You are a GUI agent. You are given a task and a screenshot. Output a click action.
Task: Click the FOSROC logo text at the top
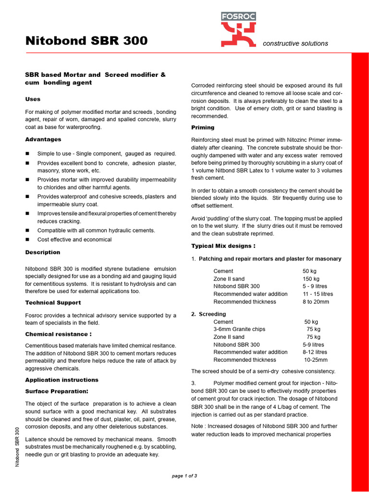coord(238,16)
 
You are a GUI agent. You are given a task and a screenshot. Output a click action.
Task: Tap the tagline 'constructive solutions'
coord(295,43)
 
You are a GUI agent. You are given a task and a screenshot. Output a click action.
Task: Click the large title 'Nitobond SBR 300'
coord(86,41)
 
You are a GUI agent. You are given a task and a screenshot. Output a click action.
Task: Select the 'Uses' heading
coord(33,99)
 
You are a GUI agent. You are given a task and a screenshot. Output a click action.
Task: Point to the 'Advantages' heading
coord(43,139)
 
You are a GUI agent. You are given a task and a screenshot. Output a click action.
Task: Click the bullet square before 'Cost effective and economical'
coord(27,240)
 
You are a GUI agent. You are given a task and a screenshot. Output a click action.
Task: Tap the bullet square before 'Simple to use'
coord(27,154)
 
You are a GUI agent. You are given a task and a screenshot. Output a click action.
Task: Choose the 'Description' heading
coord(43,252)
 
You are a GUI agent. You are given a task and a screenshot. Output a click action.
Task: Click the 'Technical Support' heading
coord(53,303)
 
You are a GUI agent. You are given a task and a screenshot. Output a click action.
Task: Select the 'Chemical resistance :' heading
coord(58,334)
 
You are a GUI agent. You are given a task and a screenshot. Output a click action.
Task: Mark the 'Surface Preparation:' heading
coord(57,391)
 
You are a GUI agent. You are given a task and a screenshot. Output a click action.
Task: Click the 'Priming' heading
coord(203,127)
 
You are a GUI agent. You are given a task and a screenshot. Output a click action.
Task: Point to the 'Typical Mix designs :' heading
coord(223,246)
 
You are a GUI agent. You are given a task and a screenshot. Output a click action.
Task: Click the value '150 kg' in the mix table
coord(311,279)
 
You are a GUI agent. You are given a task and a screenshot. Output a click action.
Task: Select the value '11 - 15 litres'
coord(318,294)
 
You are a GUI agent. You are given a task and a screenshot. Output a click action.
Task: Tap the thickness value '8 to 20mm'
coord(316,302)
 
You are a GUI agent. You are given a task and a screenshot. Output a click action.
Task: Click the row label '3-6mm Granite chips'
coord(239,329)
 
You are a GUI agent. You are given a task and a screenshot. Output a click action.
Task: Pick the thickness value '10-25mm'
coord(316,360)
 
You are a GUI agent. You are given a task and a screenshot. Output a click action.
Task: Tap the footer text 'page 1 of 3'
coord(184,476)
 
